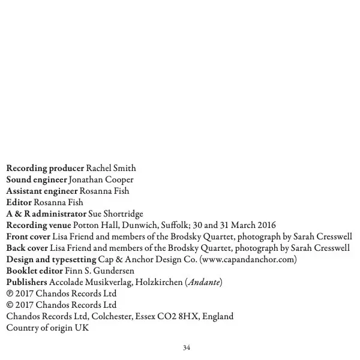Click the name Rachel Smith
[111, 168]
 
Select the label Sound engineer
[37, 179]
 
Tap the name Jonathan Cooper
[101, 179]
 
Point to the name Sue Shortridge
[116, 214]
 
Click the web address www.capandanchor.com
[247, 259]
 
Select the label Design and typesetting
[50, 259]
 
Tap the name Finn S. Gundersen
[99, 271]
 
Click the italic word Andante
[204, 282]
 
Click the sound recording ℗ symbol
[9, 294]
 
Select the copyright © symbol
[9, 305]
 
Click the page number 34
[186, 347]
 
